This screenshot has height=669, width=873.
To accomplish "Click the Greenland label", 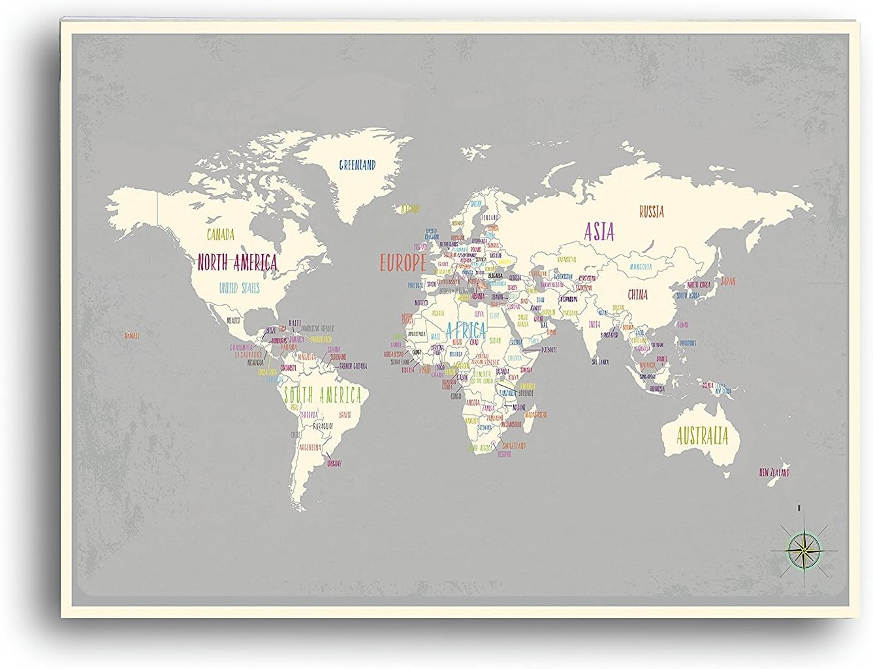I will tap(357, 165).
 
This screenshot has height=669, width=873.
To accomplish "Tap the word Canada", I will tap(221, 234).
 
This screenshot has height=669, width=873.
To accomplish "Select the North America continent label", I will tap(237, 262).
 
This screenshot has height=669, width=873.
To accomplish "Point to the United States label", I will tap(239, 288).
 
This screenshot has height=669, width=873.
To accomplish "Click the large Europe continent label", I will tap(403, 263).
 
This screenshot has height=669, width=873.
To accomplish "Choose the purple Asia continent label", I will tap(599, 232).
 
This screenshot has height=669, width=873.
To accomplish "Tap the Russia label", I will tap(651, 211).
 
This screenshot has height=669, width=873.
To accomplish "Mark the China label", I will tap(637, 294).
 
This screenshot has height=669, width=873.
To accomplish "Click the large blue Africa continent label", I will tap(464, 329).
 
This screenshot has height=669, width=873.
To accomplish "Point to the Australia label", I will tap(702, 435).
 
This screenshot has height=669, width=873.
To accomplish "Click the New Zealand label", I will tap(774, 472).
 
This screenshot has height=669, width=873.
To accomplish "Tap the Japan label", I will tap(727, 282).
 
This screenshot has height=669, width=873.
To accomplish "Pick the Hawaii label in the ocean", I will tap(132, 335).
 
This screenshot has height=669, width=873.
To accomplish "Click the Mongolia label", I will tap(641, 267).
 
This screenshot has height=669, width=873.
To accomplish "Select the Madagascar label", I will tap(535, 414).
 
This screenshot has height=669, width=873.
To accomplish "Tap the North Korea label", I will tap(698, 285).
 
